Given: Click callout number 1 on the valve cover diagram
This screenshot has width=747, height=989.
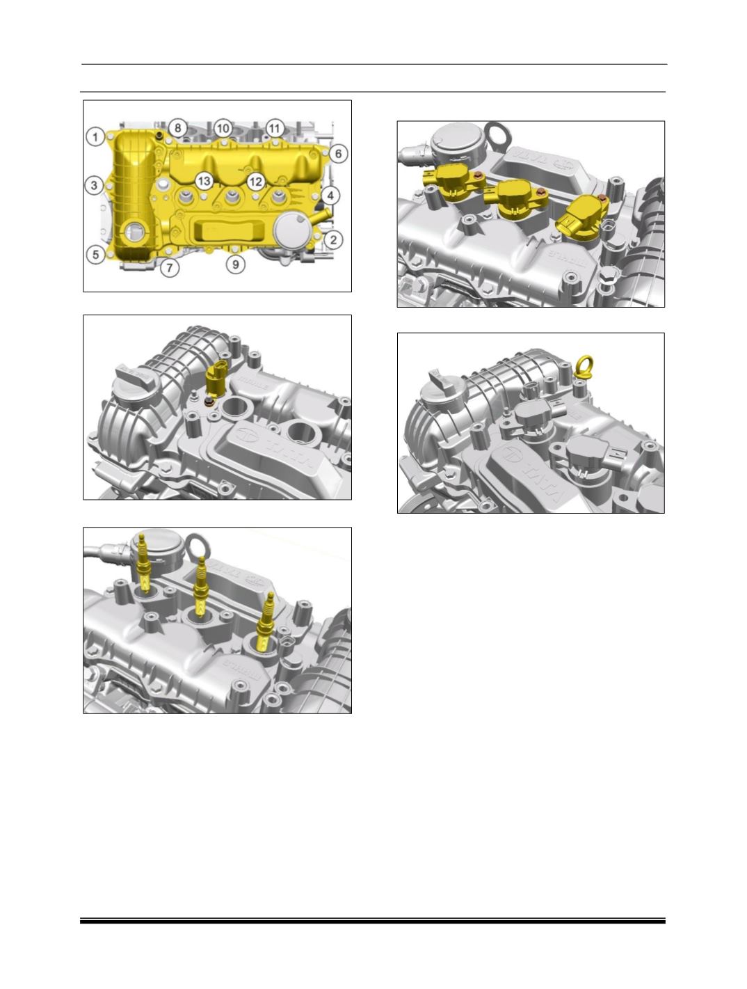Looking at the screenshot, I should pos(95,135).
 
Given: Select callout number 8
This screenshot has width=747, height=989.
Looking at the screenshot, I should pos(178,128).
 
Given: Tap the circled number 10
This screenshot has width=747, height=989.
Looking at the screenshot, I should pos(223,128).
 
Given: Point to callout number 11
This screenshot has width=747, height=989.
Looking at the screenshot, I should pos(274,128).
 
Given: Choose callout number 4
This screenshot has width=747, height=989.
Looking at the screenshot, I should pos(330,196).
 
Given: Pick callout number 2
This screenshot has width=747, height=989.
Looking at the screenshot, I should pos(335,240).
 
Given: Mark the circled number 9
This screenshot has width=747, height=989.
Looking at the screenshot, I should pos(236,264).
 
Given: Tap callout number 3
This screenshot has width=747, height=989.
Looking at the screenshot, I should pos(95,185).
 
